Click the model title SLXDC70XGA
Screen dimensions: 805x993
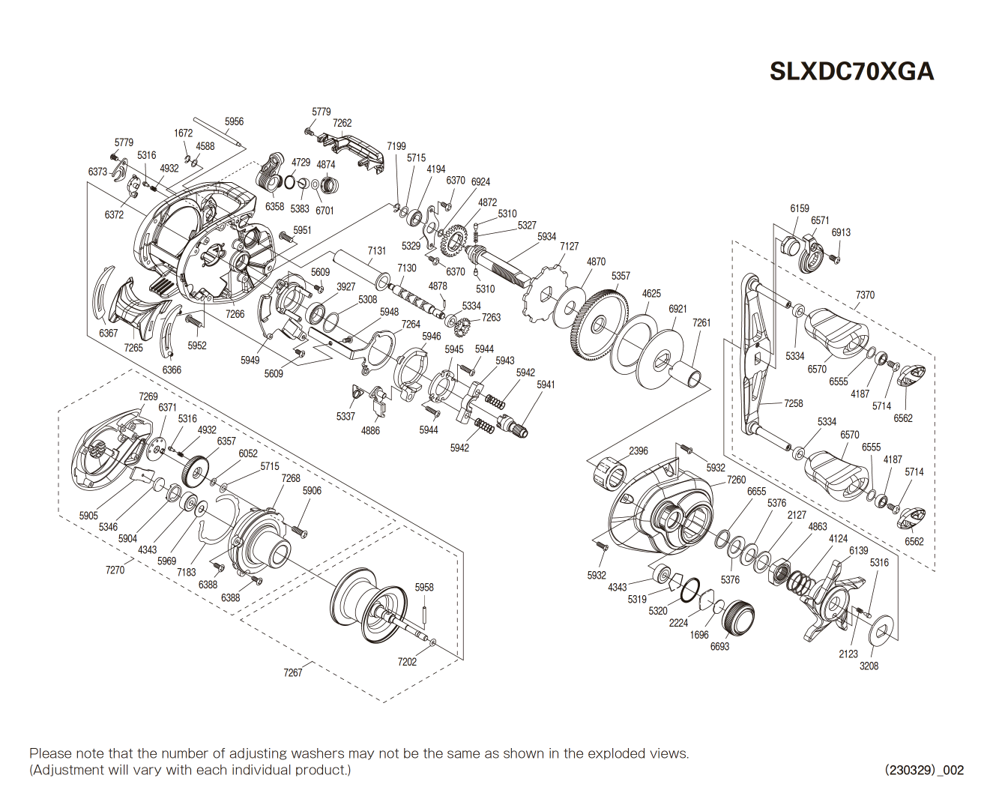coord(851,71)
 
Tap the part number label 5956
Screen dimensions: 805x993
coord(234,121)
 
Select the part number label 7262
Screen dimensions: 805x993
coord(342,123)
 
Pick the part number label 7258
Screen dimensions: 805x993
coord(793,403)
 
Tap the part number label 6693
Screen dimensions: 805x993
coord(719,646)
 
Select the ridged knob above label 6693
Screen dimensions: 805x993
coord(738,618)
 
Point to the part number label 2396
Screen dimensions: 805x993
coord(639,450)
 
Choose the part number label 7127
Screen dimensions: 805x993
coord(569,246)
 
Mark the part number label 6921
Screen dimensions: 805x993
coord(677,308)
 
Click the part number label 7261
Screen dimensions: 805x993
coord(701,322)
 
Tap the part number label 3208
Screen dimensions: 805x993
coord(869,666)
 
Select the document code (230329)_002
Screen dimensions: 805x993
coord(924,770)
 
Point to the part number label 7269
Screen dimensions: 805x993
coord(148,397)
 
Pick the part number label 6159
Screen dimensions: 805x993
coord(800,208)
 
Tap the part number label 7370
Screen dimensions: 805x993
coord(865,295)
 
